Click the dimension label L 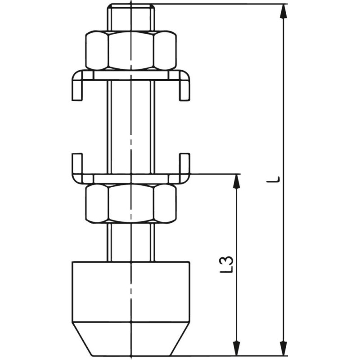[x=273, y=179]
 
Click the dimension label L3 [x=227, y=264]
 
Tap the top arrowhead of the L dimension [x=284, y=11]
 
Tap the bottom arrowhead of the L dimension [x=284, y=348]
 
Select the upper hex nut [x=131, y=50]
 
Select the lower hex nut [x=131, y=203]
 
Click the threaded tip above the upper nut [x=131, y=17]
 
